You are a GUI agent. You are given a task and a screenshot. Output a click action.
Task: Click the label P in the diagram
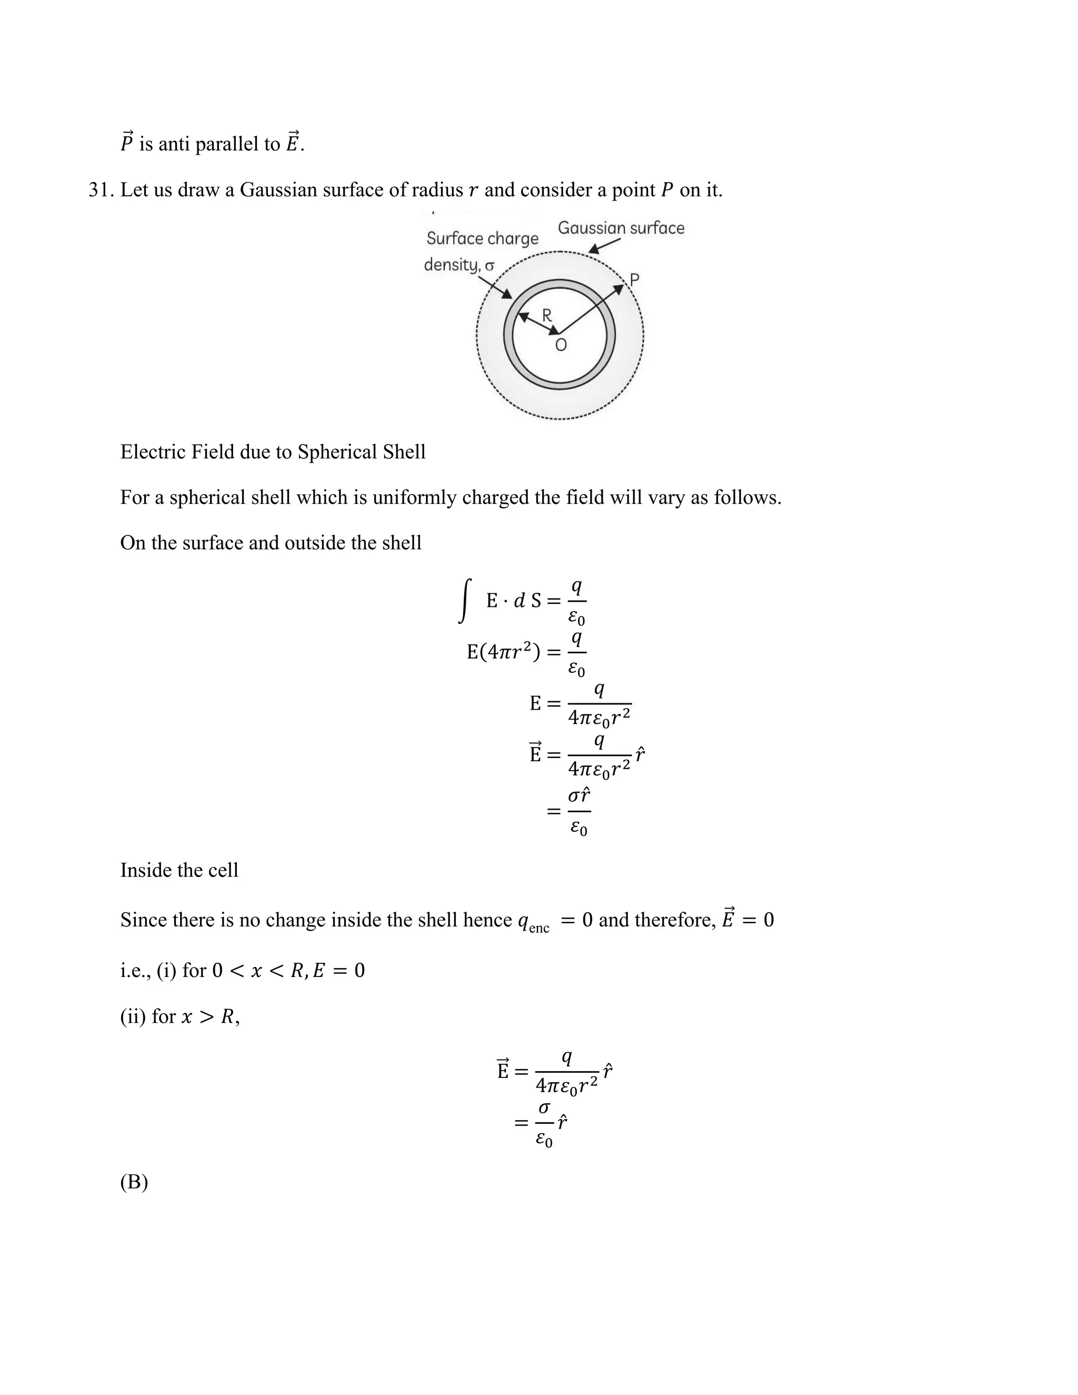pyautogui.click(x=634, y=280)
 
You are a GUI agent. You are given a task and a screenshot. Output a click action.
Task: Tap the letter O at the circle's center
pyautogui.click(x=561, y=345)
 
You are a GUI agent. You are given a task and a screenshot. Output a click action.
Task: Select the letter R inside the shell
pyautogui.click(x=547, y=315)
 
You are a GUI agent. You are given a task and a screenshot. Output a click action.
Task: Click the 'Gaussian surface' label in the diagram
pyautogui.click(x=621, y=228)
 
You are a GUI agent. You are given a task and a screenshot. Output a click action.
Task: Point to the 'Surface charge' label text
pyautogui.click(x=482, y=238)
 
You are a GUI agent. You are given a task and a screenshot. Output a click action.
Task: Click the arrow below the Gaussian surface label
pyautogui.click(x=604, y=246)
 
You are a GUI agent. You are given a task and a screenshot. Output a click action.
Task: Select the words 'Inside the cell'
pyautogui.click(x=179, y=870)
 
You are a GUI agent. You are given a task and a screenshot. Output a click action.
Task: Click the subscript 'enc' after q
pyautogui.click(x=539, y=928)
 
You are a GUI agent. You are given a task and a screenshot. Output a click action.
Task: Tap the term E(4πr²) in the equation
pyautogui.click(x=504, y=652)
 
